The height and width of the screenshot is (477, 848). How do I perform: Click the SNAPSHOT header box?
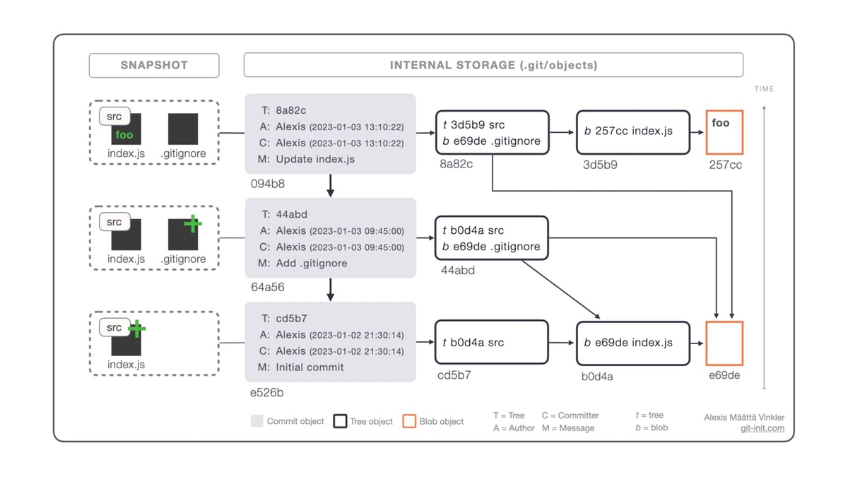click(153, 65)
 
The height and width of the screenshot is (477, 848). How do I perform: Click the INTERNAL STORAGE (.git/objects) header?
click(493, 65)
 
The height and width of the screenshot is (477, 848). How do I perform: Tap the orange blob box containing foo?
click(724, 132)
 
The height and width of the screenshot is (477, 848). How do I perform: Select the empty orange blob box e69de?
click(724, 343)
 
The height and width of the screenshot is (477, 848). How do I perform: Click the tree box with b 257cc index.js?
click(632, 132)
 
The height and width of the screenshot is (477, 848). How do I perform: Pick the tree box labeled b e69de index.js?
click(632, 343)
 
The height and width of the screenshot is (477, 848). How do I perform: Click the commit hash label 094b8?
click(268, 184)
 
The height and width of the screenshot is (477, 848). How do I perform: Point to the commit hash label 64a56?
click(268, 287)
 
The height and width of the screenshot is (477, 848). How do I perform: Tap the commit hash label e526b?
click(268, 392)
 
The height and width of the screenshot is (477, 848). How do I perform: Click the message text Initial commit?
click(310, 367)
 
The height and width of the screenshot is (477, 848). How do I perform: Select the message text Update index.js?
click(315, 159)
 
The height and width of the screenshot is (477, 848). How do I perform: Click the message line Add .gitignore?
click(312, 263)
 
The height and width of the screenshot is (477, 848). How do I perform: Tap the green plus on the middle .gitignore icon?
click(192, 224)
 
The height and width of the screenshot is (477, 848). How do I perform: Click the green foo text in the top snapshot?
click(124, 135)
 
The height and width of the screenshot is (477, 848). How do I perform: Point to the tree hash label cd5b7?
click(454, 375)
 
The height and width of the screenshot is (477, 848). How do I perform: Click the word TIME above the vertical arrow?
click(764, 89)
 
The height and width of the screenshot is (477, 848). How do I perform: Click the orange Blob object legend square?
click(409, 421)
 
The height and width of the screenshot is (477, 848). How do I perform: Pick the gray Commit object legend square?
click(257, 421)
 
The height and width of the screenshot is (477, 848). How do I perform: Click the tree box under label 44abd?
click(492, 238)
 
